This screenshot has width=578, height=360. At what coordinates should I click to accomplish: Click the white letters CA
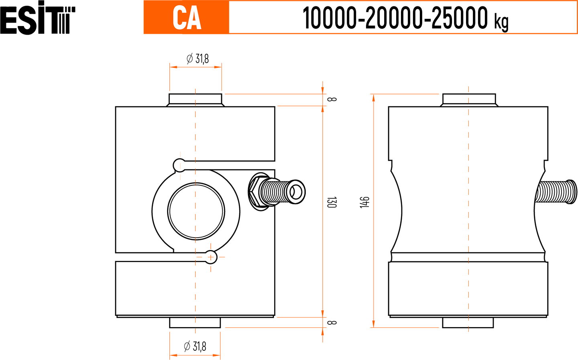187,18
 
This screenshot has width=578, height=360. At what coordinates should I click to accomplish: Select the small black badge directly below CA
198,54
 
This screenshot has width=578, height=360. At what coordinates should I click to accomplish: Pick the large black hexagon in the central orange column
348,202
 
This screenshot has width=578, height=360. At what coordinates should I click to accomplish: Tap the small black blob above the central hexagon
340,99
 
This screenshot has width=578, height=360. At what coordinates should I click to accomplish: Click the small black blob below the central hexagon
340,322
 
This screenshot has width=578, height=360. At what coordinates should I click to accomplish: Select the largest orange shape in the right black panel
468,181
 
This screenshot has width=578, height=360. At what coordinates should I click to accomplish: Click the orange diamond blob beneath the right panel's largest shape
468,289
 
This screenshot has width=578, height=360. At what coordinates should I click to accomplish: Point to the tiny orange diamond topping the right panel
468,98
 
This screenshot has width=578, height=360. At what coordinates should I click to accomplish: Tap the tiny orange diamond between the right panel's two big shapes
468,258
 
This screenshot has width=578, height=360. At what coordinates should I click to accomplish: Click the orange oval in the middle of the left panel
195,211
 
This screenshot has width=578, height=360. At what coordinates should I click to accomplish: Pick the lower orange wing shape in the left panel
209,281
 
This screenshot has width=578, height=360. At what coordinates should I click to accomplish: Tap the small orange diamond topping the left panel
195,100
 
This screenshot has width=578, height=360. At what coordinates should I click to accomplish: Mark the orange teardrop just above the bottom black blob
195,332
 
